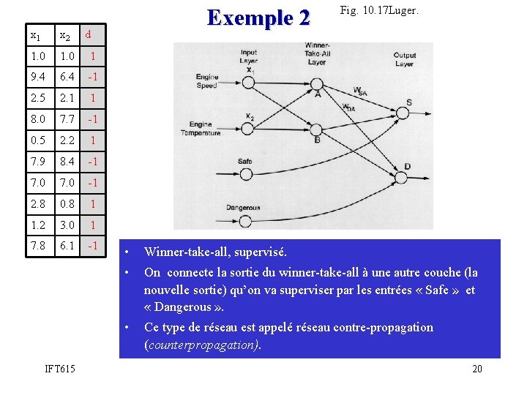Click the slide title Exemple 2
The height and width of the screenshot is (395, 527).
(259, 17)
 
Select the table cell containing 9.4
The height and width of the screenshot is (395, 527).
(38, 77)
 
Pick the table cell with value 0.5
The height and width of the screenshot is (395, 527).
(38, 140)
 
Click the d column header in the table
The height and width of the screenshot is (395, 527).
(88, 34)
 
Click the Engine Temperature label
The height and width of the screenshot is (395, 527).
(204, 129)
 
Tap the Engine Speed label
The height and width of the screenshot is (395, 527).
(207, 81)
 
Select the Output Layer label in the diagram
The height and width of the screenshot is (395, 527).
(404, 59)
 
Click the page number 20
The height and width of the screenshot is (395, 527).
(476, 369)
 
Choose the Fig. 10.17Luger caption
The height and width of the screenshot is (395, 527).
(379, 11)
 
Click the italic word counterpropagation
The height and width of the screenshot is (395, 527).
(201, 344)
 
